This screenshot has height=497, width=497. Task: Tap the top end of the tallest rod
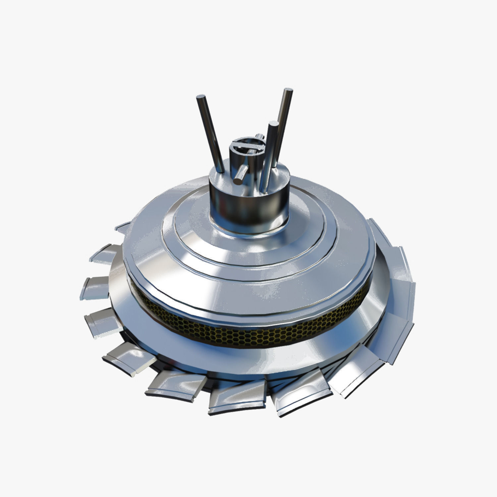pos(288,91)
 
